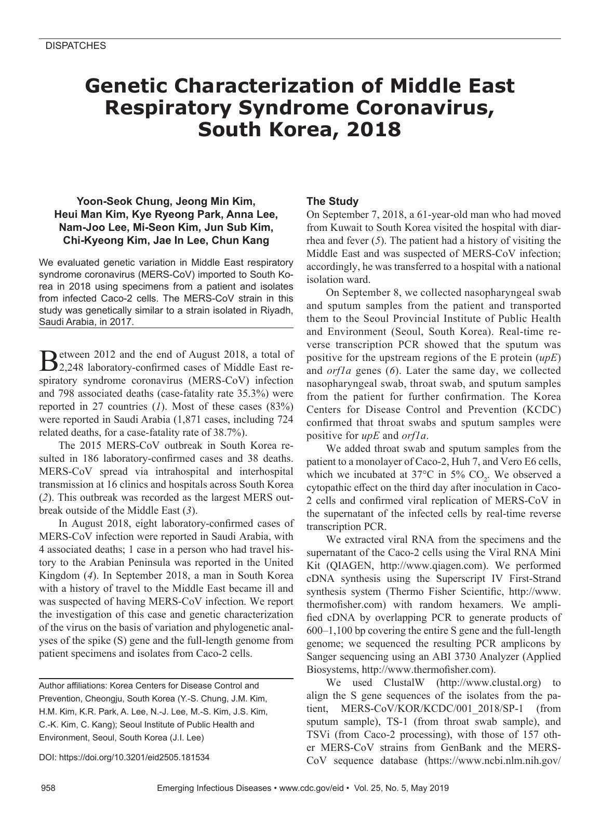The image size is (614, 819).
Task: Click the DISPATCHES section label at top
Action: tap(76, 46)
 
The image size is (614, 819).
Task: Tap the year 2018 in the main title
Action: tap(371, 129)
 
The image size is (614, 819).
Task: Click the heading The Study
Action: tap(332, 201)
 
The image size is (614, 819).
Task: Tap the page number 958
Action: tap(48, 788)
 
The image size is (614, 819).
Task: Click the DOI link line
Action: tap(124, 757)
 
